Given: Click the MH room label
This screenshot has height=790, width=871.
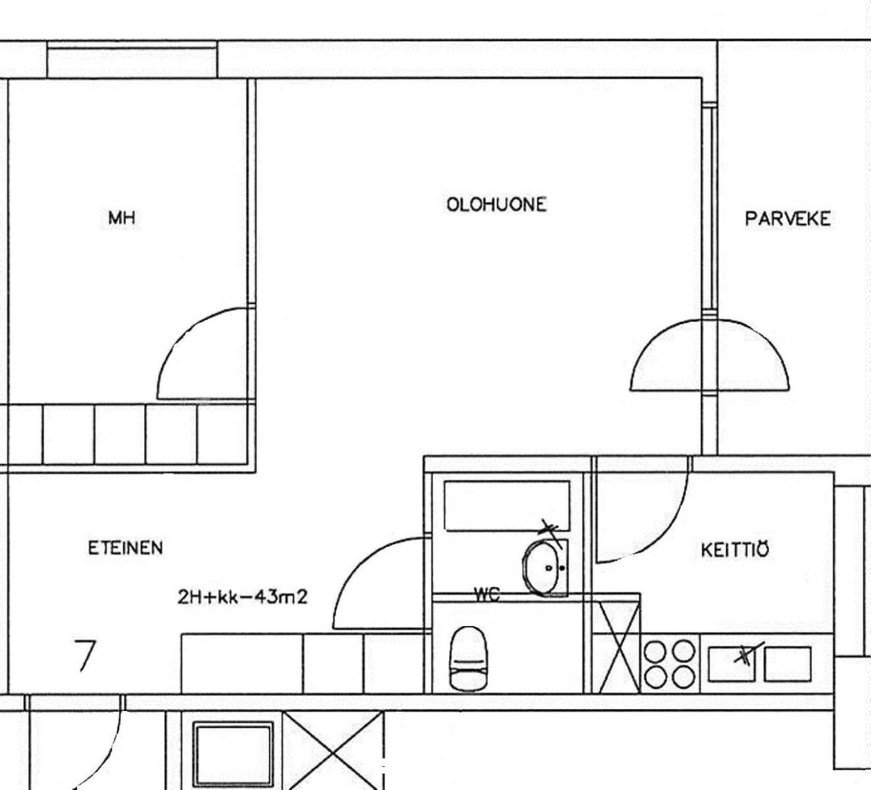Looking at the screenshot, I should tap(122, 218).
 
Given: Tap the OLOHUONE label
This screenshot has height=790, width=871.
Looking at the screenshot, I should tap(496, 204).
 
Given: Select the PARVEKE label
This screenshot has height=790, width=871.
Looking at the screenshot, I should tap(787, 218).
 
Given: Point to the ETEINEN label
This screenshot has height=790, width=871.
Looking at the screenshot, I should tap(125, 548).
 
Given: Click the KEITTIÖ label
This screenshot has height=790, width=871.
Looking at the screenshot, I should tap(735, 549).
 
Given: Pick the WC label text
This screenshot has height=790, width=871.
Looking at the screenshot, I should tap(487, 595).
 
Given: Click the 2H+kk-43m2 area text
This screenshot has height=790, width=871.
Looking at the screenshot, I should tap(242, 597).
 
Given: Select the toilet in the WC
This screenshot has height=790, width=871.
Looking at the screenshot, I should tap(469, 657).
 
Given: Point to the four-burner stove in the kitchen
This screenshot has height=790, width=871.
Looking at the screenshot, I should tap(670, 663).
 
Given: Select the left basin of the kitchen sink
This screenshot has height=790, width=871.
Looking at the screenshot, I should tap(732, 664).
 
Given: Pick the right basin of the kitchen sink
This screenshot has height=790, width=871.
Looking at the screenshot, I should tap(787, 664).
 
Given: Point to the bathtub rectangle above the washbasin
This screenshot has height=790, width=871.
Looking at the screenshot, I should tap(506, 505).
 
